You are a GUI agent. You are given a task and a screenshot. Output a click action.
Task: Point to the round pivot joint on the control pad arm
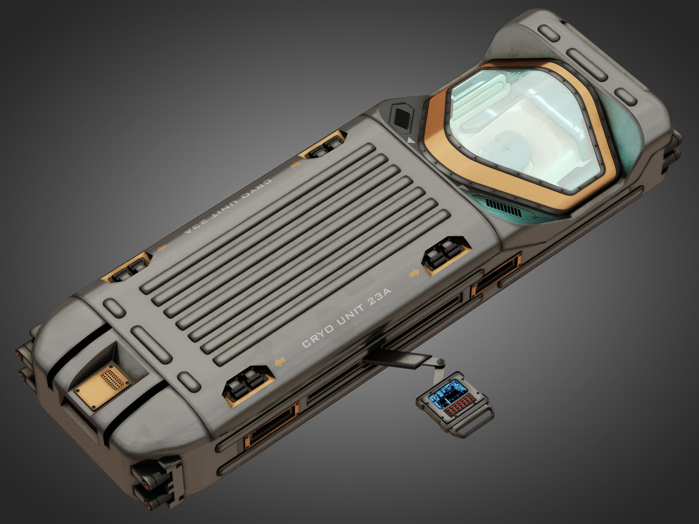pos(440,362)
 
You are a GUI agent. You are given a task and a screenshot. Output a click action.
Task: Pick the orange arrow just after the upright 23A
pos(414,272)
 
